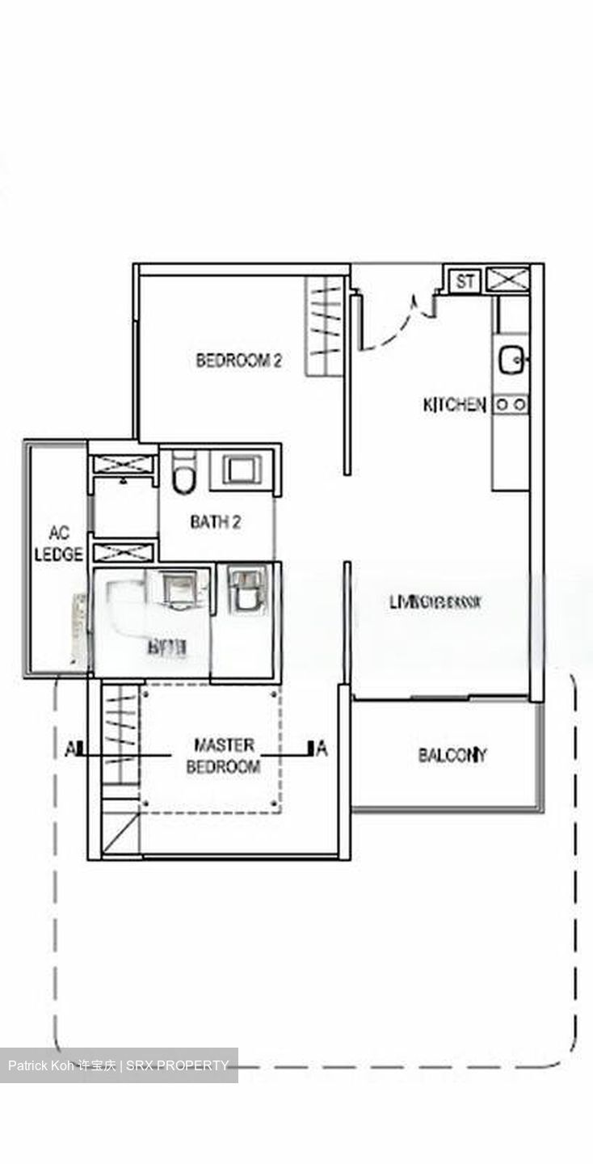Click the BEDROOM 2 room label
[238, 361]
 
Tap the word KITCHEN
[455, 405]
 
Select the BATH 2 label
[216, 522]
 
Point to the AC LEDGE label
[59, 544]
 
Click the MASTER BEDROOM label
[223, 756]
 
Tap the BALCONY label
[452, 756]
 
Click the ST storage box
[465, 282]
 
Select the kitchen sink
[511, 360]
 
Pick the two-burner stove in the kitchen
[511, 403]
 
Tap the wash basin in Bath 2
[240, 470]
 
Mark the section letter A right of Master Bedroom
[322, 750]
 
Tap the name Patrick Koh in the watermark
[40, 1065]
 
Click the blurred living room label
[435, 602]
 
